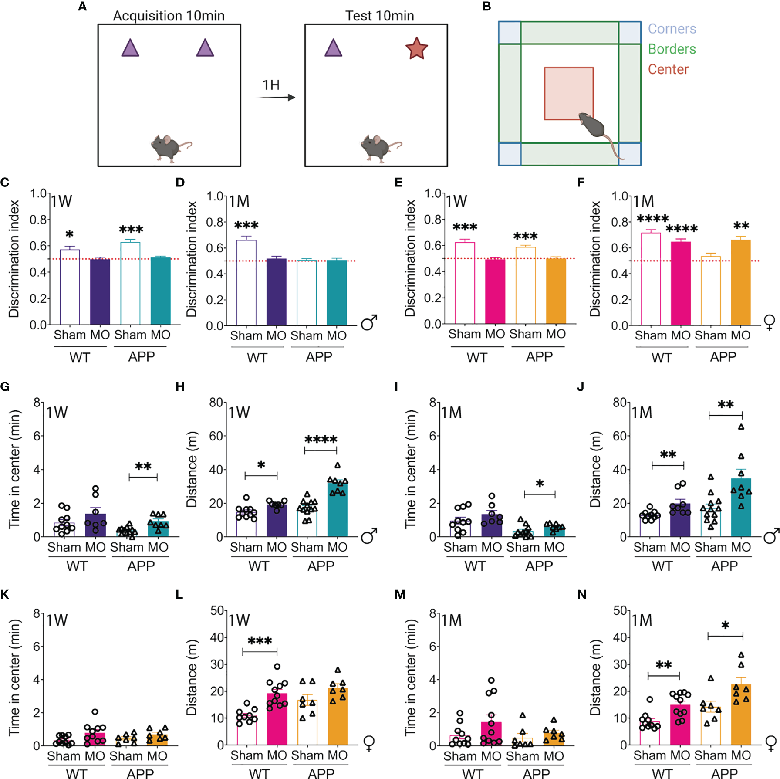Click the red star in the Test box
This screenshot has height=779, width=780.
[416, 49]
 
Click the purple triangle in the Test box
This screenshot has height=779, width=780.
[333, 48]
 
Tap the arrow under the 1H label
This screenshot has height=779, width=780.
[277, 98]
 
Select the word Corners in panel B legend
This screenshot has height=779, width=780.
[672, 29]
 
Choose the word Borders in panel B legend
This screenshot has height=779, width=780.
[672, 49]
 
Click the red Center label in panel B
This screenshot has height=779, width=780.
[668, 69]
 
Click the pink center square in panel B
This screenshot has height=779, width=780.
[568, 93]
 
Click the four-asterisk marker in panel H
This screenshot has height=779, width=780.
[321, 440]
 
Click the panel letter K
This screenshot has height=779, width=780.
[5, 595]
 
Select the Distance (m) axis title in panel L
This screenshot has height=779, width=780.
[192, 677]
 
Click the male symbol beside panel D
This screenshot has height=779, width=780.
[369, 322]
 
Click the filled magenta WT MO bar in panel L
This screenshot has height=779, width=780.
[277, 718]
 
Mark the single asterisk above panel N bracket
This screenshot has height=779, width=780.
[725, 626]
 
